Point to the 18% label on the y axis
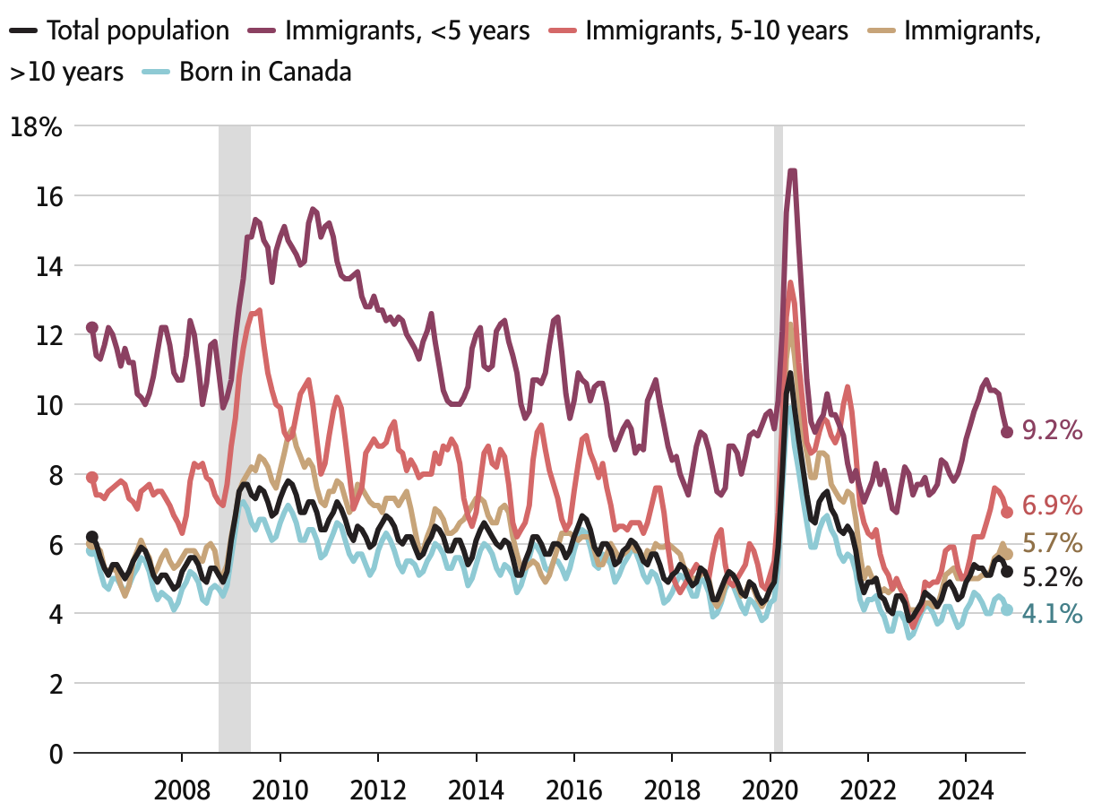pyautogui.click(x=36, y=126)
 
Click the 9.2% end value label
pyautogui.click(x=1053, y=431)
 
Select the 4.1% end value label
pyautogui.click(x=1053, y=615)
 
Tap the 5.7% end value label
pyautogui.click(x=1053, y=543)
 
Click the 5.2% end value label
pyautogui.click(x=1053, y=577)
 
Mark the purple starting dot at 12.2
pyautogui.click(x=91, y=328)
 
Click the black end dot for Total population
pyautogui.click(x=1007, y=572)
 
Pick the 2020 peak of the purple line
pyautogui.click(x=792, y=171)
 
